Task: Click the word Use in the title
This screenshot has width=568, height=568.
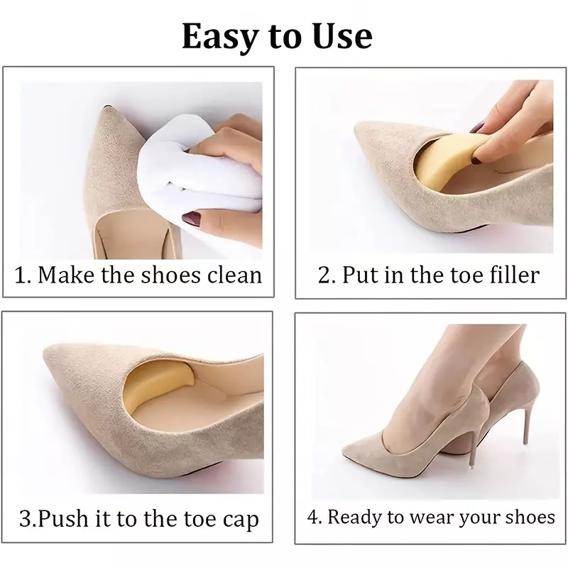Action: tap(343, 36)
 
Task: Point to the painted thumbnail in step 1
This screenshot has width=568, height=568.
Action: tap(192, 219)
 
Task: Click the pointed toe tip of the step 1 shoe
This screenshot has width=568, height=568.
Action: tap(105, 108)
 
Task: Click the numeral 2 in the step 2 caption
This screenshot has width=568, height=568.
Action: tap(323, 275)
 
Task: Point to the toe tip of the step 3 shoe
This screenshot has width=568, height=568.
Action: tap(45, 350)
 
